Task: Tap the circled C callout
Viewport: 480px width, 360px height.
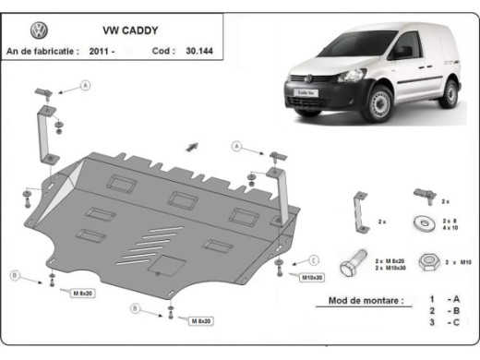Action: (x=314, y=260)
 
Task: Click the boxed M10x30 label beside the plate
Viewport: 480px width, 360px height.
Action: (x=312, y=277)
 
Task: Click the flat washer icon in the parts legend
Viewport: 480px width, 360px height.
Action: (x=426, y=222)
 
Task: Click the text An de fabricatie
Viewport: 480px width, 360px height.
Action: (x=41, y=51)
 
